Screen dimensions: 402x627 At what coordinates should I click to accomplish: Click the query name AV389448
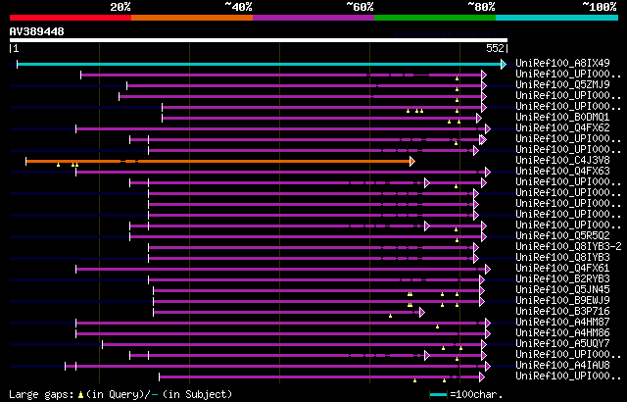37,31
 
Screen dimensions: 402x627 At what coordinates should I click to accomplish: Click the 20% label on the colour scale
121,7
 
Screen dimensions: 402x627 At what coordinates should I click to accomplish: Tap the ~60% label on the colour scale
360,7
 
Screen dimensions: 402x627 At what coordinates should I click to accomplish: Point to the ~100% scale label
600,7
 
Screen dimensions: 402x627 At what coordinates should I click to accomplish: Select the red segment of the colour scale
70,17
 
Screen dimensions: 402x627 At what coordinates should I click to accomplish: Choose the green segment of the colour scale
434,17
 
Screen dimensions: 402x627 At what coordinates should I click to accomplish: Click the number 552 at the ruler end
496,48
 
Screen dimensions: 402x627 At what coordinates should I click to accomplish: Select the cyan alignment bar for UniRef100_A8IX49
260,64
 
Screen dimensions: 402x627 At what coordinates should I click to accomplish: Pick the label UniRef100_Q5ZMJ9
563,85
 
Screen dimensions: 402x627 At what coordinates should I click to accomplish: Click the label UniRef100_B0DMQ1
563,118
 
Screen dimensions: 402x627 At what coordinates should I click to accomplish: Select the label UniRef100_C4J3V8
563,160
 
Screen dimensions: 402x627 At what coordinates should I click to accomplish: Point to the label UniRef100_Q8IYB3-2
568,247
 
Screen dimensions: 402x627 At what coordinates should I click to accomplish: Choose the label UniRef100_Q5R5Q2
563,236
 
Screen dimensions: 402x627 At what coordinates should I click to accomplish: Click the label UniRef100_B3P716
563,312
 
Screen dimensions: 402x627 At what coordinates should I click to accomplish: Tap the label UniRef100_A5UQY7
563,344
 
